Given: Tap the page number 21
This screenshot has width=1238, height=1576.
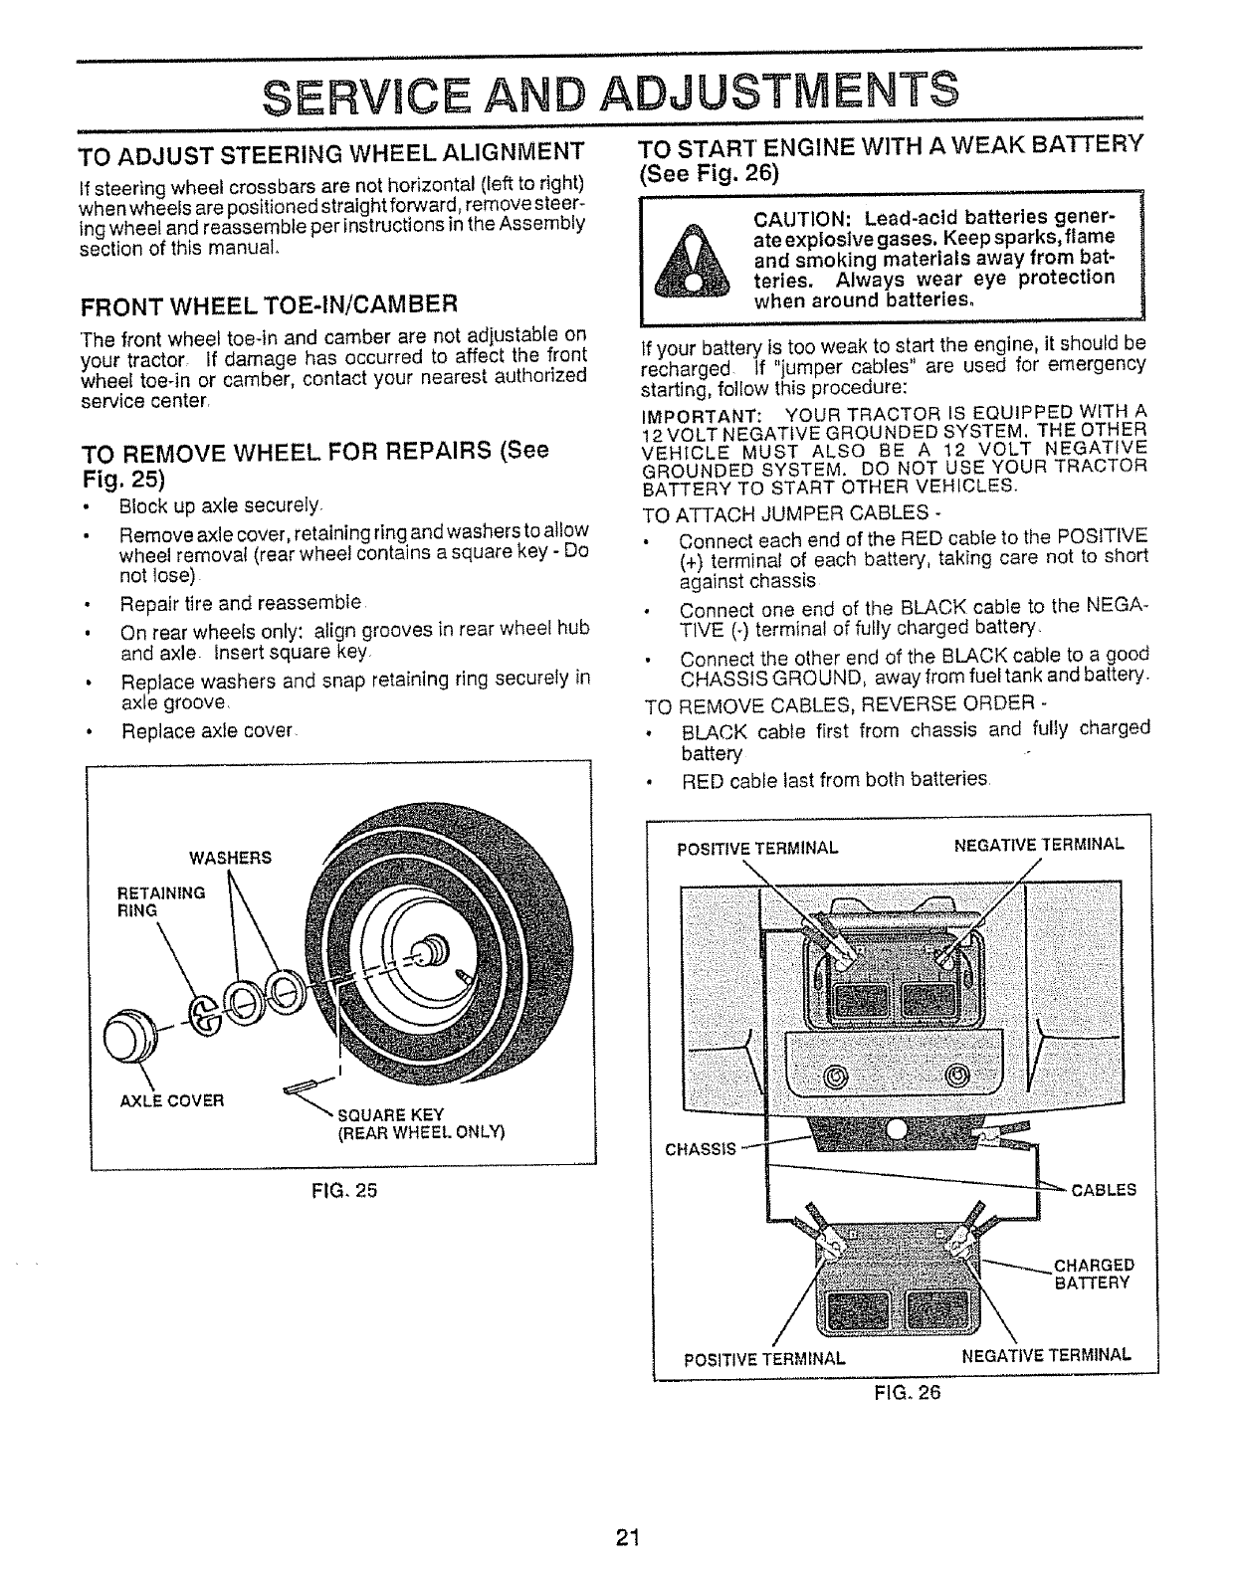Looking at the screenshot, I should (x=625, y=1537).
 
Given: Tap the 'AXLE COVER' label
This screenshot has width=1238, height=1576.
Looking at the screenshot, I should (x=171, y=1100).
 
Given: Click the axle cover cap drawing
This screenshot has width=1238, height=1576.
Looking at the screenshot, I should (x=130, y=1028).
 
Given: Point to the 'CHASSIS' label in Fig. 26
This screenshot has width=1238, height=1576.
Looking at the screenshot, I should (x=700, y=1149).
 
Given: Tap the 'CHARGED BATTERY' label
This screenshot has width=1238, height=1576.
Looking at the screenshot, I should (x=1093, y=1275).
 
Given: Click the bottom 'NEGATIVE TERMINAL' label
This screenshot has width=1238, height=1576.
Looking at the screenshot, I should (x=1046, y=1354).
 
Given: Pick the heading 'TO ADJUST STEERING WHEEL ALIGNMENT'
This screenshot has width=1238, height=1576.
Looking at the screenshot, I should (x=331, y=153).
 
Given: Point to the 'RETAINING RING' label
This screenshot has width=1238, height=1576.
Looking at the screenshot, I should (x=161, y=900).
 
